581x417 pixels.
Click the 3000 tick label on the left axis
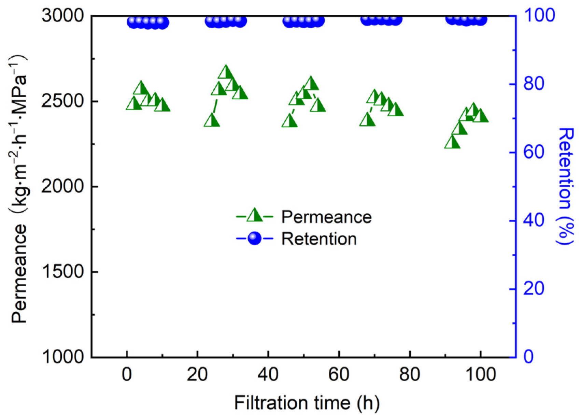[x=62, y=16]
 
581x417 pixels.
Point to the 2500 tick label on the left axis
[x=62, y=101]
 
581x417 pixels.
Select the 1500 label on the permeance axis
[x=62, y=272]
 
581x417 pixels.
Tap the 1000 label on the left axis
[x=62, y=357]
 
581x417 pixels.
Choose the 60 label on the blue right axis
[x=534, y=152]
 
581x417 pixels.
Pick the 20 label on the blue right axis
[x=534, y=289]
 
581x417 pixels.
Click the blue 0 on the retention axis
[x=528, y=357]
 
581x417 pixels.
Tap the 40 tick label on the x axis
[x=268, y=375]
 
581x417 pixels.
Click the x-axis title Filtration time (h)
[x=307, y=403]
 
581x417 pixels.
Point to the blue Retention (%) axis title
[x=565, y=186]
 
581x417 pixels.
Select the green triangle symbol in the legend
[x=255, y=216]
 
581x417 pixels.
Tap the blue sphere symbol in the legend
[x=255, y=238]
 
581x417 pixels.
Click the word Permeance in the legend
[x=326, y=217]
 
